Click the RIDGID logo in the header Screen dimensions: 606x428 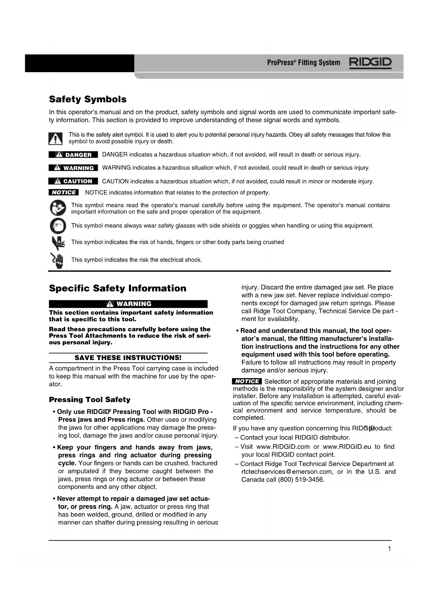[370, 63]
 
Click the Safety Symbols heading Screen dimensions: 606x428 [88, 99]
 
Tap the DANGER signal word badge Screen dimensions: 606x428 [73, 154]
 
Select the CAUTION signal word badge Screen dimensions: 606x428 [73, 181]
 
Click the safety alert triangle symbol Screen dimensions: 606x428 [55, 138]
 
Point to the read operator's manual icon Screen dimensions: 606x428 [58, 208]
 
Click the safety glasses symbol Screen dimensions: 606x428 [58, 226]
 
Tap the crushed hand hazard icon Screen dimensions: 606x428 [58, 243]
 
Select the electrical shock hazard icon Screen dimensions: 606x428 [58, 260]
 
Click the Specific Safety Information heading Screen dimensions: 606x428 [117, 288]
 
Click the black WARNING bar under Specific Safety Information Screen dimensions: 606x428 [128, 304]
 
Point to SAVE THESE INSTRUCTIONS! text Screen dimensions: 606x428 [128, 358]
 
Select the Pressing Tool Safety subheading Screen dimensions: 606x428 [90, 399]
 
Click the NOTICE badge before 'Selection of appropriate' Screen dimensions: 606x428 [247, 381]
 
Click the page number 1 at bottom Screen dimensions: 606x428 [389, 549]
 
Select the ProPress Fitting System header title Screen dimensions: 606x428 [303, 63]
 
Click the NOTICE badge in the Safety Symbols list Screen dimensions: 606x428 [64, 192]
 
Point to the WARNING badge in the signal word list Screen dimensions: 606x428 [73, 168]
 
